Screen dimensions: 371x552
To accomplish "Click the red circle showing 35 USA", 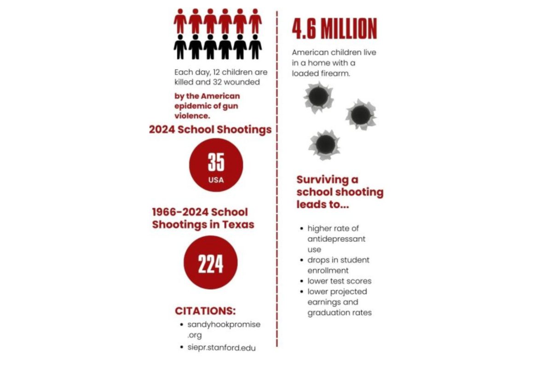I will coord(216,165).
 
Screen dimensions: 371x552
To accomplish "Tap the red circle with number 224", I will coord(211,263).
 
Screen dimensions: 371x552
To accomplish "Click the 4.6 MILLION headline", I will coord(334,28).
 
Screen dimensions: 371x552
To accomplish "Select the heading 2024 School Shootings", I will coord(210,129).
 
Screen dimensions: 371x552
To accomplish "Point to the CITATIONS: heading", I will coord(205,311).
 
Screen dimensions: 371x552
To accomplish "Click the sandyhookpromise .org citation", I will coord(224,330).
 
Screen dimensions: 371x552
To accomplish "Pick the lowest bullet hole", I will coord(325,144).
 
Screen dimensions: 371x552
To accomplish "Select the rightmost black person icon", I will coord(255,46).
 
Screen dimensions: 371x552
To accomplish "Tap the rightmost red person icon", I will coord(255,21).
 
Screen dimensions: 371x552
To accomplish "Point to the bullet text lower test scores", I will coord(339,281).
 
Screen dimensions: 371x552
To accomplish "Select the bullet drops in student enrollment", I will coord(338,265).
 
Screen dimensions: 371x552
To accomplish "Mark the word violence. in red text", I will coord(192,115).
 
